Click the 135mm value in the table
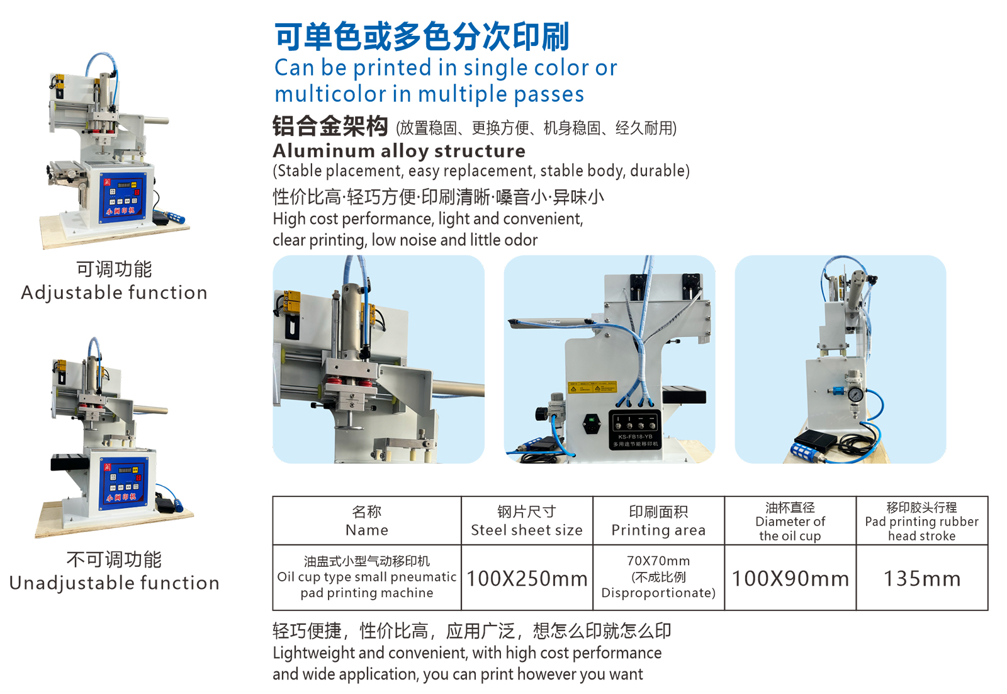point(921,578)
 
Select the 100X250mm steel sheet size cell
point(527,578)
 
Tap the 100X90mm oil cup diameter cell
point(790,578)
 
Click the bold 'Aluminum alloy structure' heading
point(399,151)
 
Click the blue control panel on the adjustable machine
point(122,198)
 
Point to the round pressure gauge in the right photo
point(855,395)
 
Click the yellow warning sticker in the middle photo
point(592,388)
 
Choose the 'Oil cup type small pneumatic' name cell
point(367,577)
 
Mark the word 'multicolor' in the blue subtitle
point(330,94)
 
